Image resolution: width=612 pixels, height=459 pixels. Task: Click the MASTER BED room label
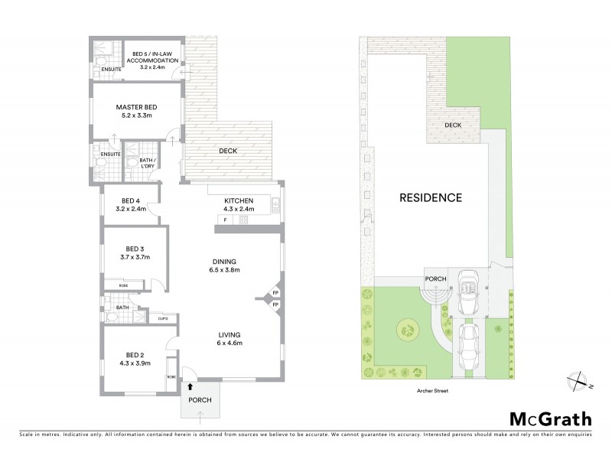coord(136,108)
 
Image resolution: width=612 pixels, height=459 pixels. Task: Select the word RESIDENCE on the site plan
coord(431,197)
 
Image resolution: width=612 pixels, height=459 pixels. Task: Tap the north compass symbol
coord(579,380)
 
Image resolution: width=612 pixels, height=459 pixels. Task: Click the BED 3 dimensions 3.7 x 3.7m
coord(133,258)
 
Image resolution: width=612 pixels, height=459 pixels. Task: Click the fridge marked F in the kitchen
coord(226,220)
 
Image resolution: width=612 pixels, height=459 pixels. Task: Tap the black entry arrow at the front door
coord(190,387)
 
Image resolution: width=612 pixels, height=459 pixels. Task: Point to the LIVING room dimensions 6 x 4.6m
coord(229,343)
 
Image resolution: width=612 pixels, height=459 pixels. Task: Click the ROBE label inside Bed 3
coord(123,285)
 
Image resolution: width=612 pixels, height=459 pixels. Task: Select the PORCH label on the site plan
coord(435,278)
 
